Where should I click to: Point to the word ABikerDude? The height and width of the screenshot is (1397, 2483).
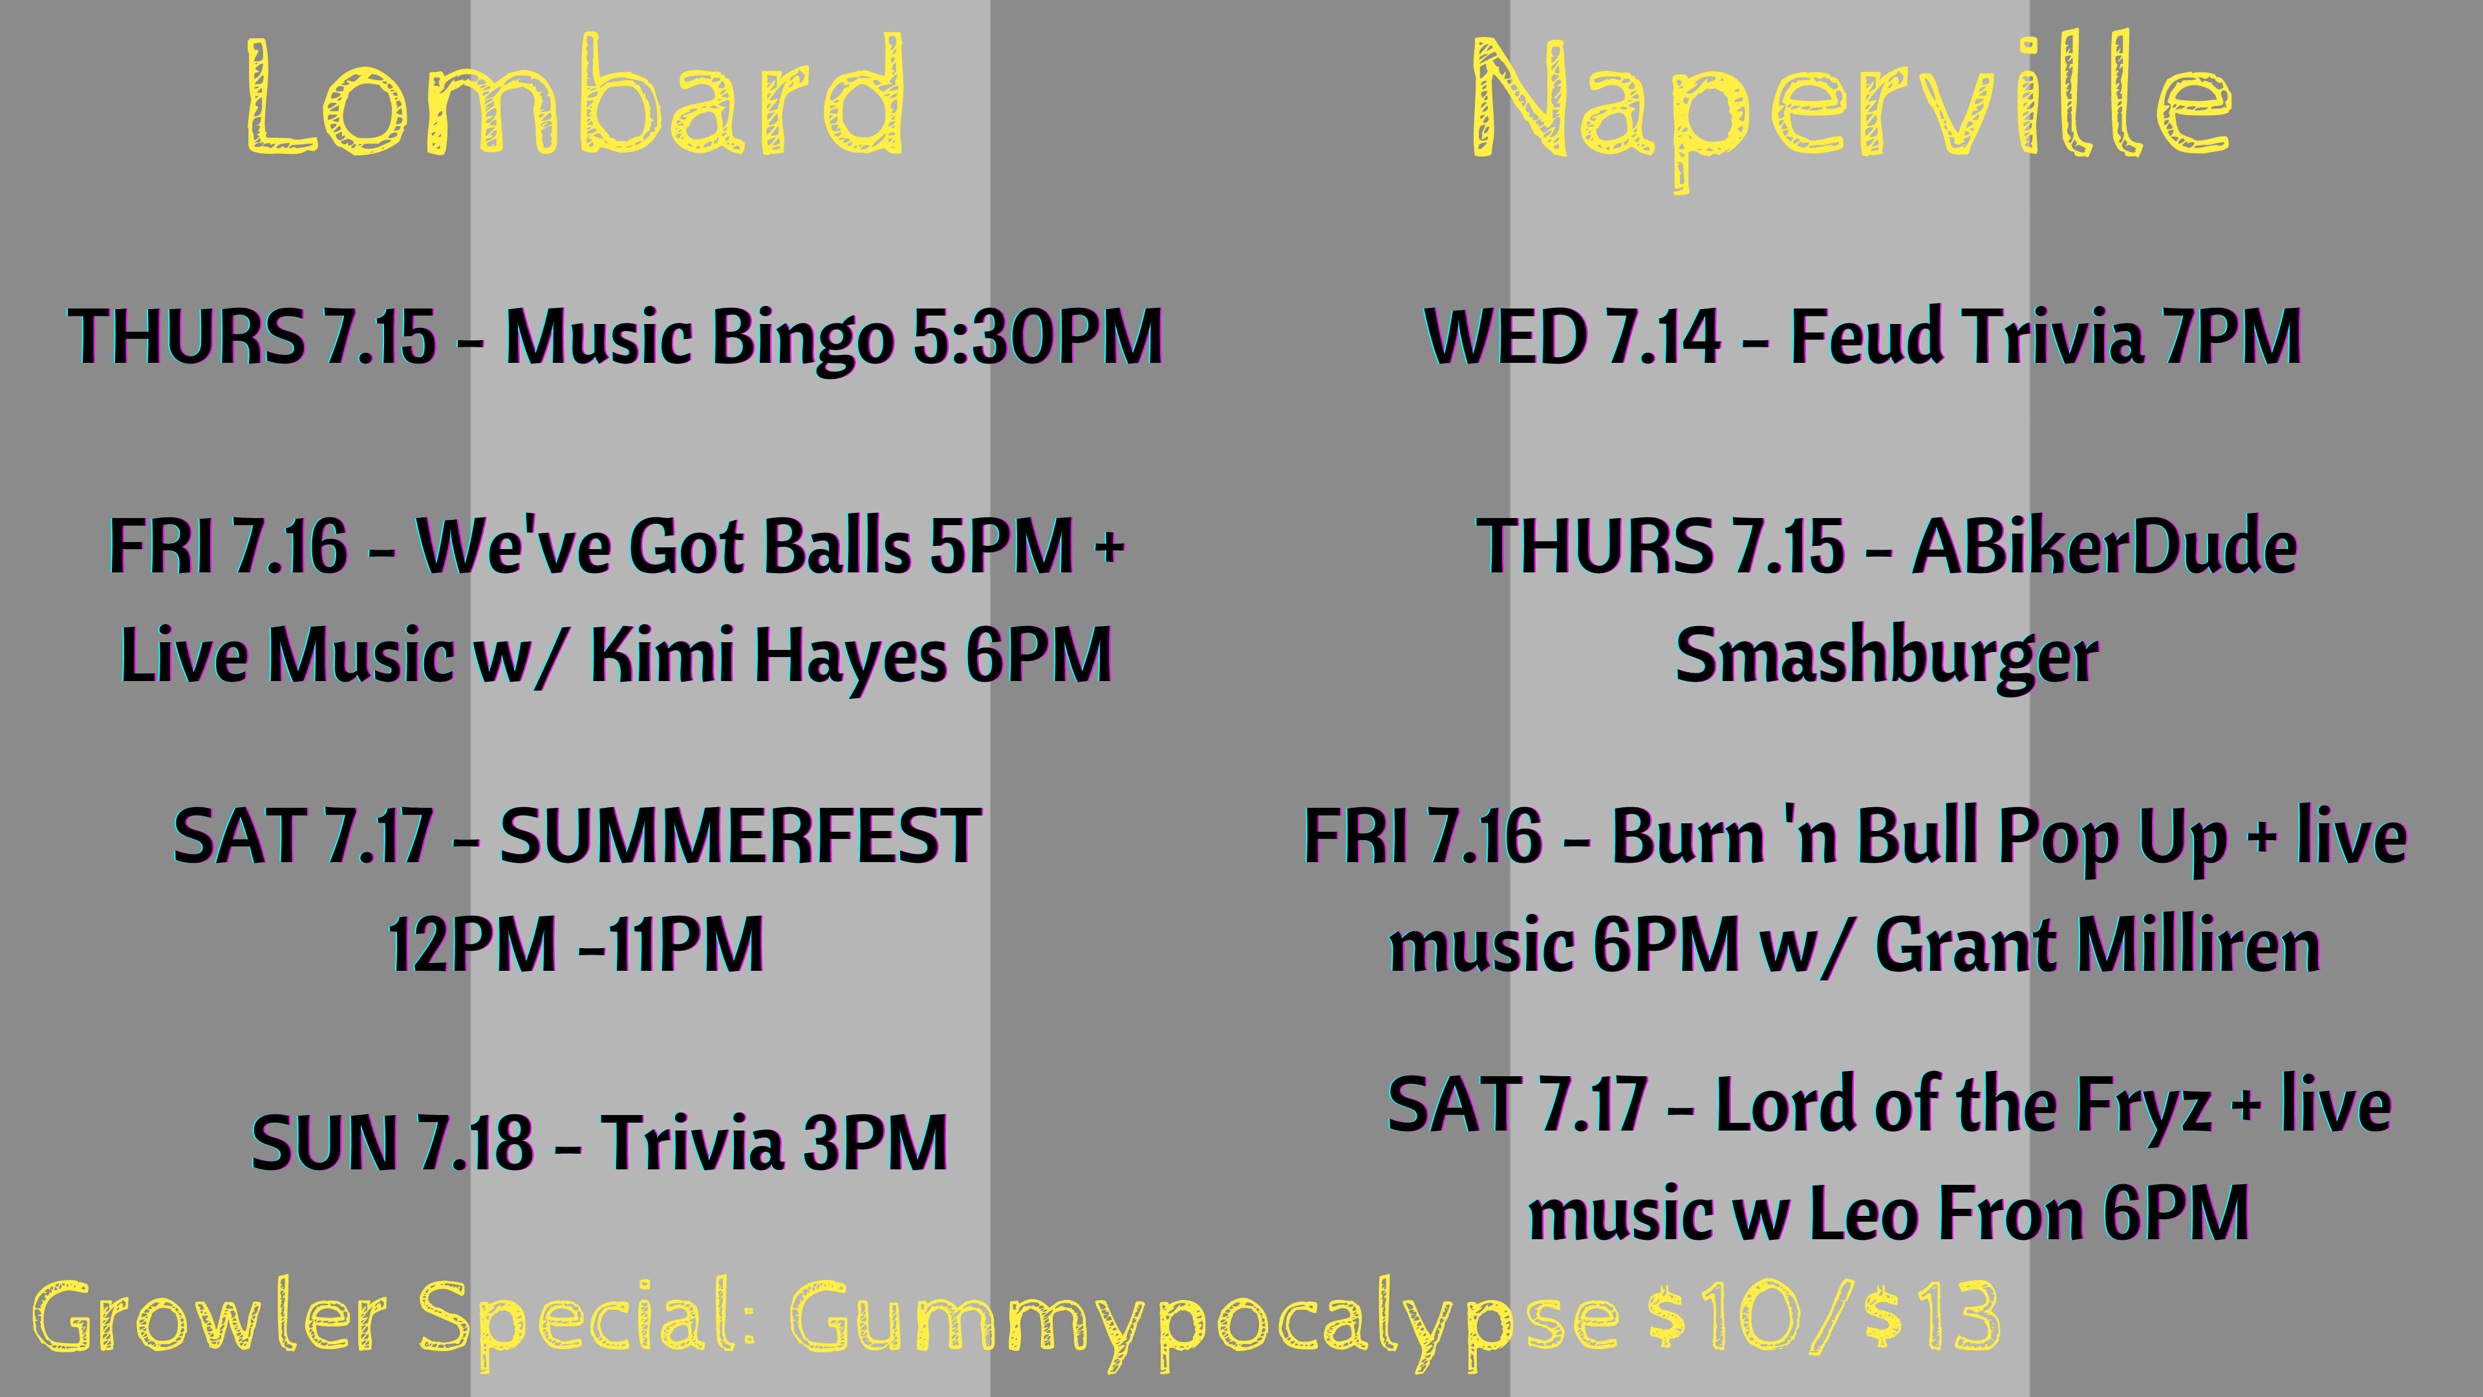[2104, 546]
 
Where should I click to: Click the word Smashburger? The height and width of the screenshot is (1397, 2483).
[1886, 656]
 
